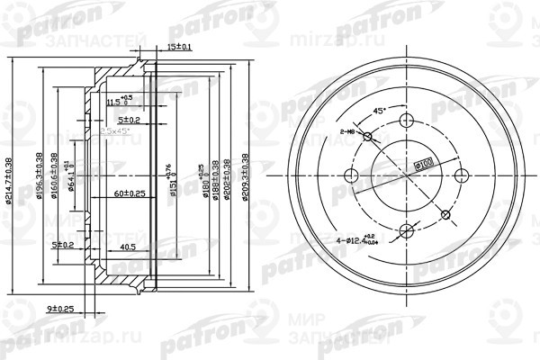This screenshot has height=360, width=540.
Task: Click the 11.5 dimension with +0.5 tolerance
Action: pyautogui.click(x=116, y=101)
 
